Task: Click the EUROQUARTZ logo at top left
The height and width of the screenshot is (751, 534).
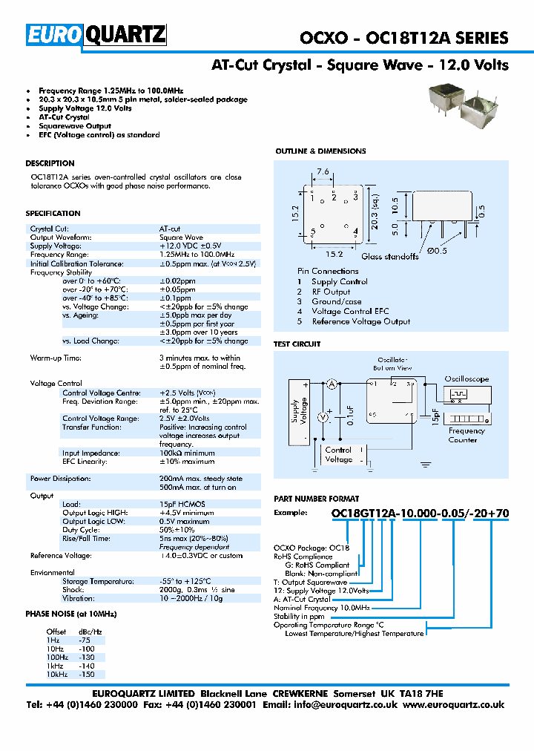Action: click(x=96, y=35)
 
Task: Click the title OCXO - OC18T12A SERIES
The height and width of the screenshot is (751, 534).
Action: click(x=403, y=38)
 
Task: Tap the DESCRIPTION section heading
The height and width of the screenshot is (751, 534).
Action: click(x=50, y=163)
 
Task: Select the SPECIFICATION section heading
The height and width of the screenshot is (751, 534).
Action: click(x=53, y=214)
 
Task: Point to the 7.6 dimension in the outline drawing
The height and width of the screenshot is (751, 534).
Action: click(x=323, y=172)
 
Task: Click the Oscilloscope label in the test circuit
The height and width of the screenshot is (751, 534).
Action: click(x=467, y=378)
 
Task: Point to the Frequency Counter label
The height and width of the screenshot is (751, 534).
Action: click(x=467, y=435)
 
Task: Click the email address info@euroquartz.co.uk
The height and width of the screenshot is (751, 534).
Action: click(x=334, y=705)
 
